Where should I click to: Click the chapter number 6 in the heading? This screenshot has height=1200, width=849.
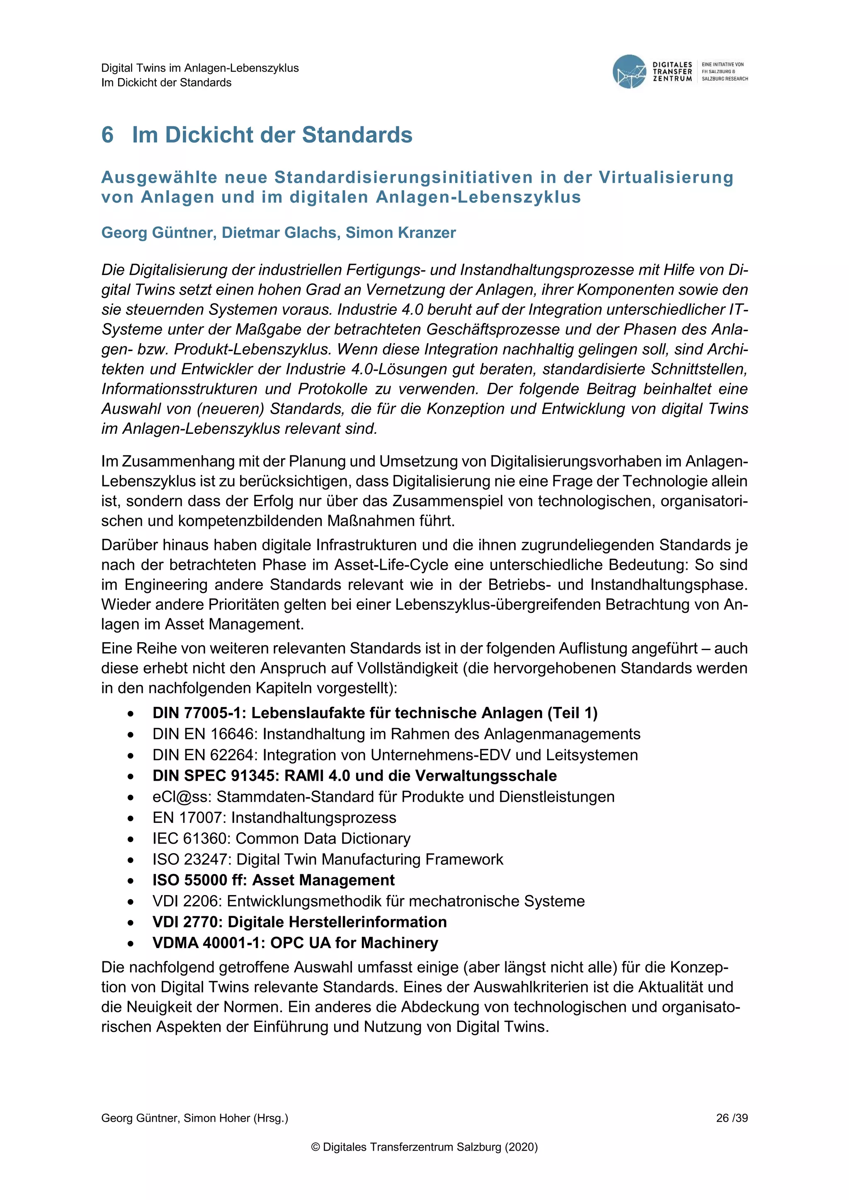click(107, 135)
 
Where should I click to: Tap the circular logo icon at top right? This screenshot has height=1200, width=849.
click(629, 72)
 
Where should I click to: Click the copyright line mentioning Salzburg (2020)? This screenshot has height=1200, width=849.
click(424, 1147)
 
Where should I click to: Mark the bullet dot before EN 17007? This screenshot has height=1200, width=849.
click(131, 818)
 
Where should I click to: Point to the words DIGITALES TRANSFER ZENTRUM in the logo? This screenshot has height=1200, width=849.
click(672, 72)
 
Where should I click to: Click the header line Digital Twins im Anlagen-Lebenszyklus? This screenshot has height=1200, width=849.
click(200, 68)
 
